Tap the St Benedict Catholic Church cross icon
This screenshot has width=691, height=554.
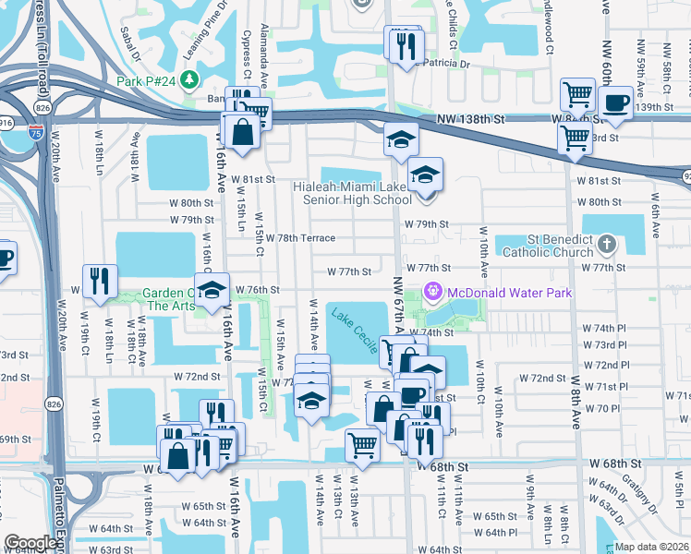(x=606, y=245)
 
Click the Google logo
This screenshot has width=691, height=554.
(x=30, y=543)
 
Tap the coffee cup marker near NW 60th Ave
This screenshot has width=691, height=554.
(x=616, y=103)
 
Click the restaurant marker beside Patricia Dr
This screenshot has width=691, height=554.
(x=406, y=46)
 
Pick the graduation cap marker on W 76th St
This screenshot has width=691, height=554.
(x=212, y=291)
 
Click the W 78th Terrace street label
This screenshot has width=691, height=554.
(x=300, y=238)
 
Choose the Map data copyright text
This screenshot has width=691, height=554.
(x=649, y=547)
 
